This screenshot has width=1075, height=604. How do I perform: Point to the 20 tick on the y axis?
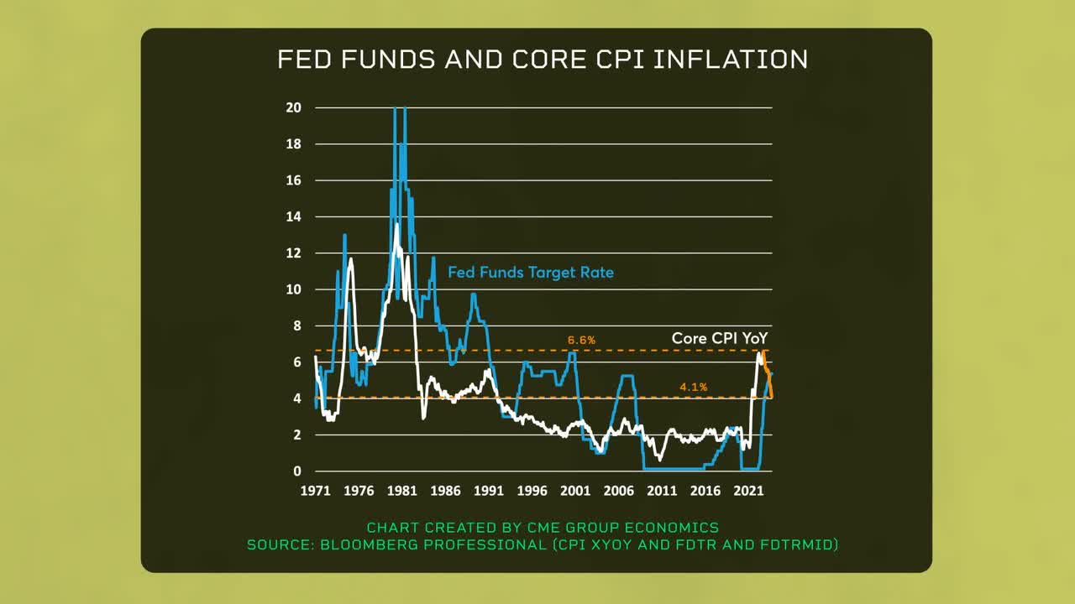[x=295, y=107]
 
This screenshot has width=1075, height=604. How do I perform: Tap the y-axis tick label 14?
[x=295, y=216]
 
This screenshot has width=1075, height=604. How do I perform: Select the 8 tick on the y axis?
[x=297, y=325]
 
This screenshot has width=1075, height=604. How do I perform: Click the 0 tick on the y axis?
[x=297, y=471]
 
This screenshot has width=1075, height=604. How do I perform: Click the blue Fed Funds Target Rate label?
[x=530, y=273]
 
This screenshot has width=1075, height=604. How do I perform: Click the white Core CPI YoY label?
[x=720, y=338]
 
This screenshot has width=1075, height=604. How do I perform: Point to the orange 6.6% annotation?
[x=581, y=340]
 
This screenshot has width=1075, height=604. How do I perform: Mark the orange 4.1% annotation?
[x=693, y=387]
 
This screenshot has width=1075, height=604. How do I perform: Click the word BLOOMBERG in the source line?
[x=375, y=545]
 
